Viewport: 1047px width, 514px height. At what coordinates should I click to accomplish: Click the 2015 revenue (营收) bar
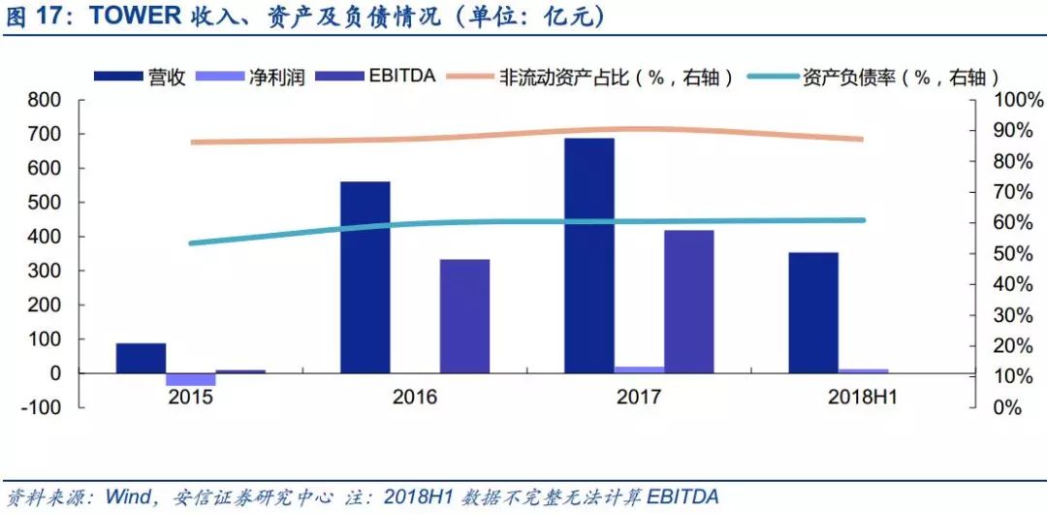[x=141, y=358]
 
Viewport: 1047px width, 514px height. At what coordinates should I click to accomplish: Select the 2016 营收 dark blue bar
[x=365, y=277]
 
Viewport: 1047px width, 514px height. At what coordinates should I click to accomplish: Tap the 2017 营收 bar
[x=589, y=256]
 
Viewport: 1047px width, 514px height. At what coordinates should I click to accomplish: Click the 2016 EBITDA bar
[x=464, y=316]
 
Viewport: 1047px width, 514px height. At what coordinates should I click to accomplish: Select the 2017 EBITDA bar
[x=688, y=302]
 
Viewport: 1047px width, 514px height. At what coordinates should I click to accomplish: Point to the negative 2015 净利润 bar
[x=190, y=379]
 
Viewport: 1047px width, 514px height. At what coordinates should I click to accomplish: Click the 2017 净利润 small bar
[x=639, y=369]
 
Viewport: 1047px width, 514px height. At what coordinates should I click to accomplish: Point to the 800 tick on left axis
[x=45, y=100]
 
